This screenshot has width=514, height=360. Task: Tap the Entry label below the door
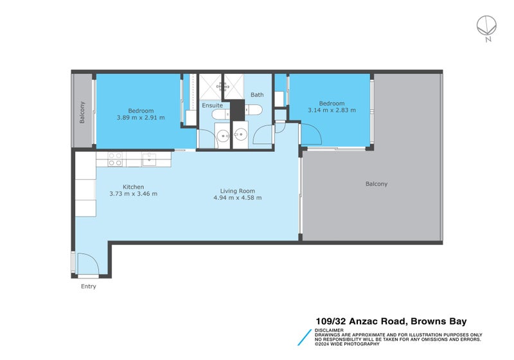88,286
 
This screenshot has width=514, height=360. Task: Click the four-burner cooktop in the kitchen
115,159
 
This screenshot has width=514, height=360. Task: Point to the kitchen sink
149,158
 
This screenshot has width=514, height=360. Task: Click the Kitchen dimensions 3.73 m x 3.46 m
133,194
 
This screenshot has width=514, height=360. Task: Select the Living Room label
238,191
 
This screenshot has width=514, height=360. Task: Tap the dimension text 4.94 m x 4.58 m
238,198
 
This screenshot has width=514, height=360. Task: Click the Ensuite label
212,105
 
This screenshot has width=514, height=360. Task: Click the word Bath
257,94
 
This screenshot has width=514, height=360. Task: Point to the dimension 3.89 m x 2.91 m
141,118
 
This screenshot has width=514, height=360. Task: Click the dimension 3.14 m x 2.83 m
332,110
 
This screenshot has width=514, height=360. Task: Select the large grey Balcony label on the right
377,184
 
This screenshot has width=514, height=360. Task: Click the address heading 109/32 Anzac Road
360,321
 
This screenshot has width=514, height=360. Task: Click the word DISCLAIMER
329,330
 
